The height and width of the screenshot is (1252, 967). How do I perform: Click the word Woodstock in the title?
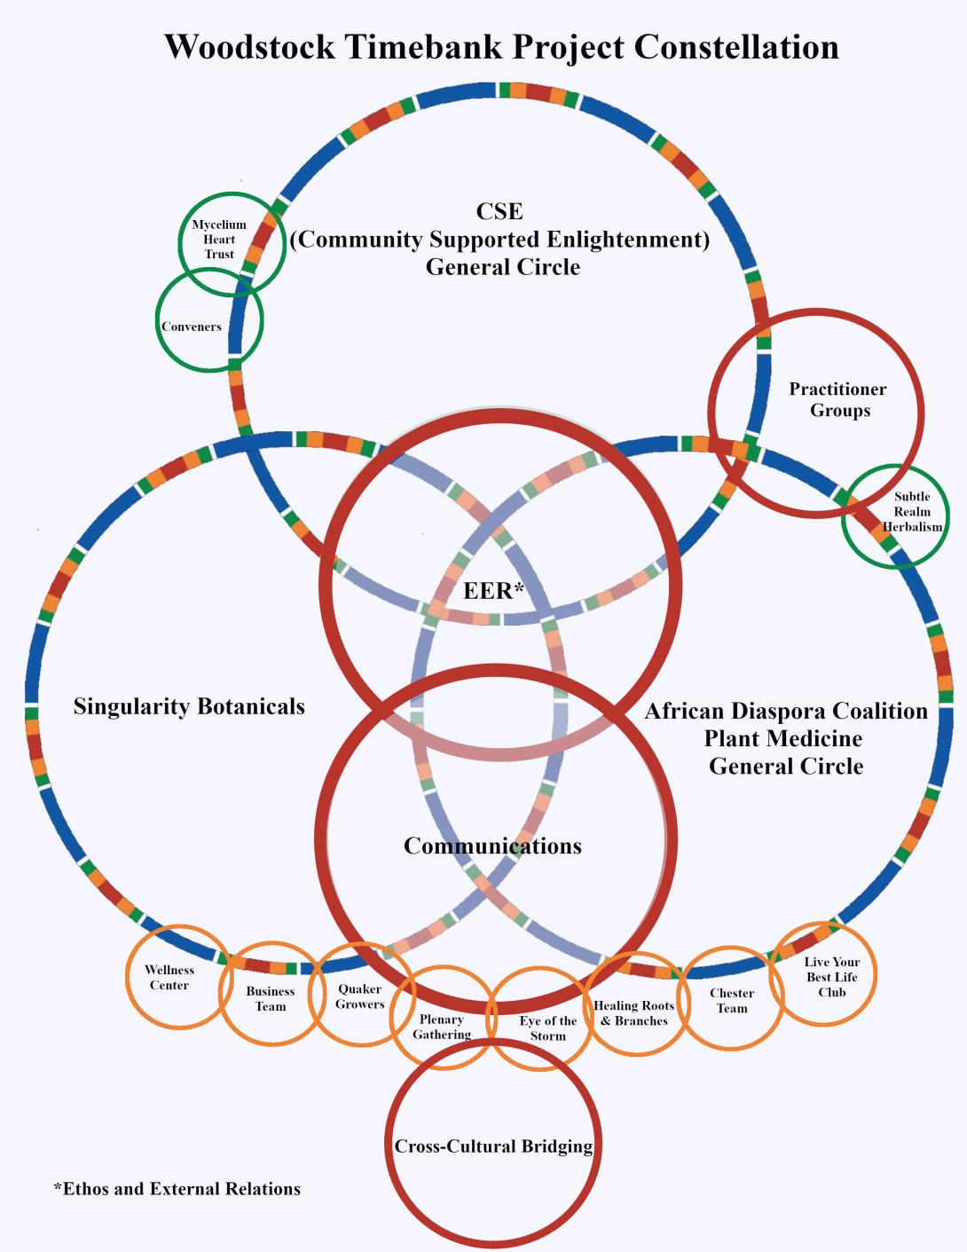[x=249, y=47]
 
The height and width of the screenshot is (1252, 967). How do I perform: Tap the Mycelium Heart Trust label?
[x=219, y=239]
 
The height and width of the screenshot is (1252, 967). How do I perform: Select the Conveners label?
[x=192, y=327]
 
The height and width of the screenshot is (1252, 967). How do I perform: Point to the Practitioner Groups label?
[x=838, y=399]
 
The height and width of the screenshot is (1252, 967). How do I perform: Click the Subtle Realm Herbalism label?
[x=912, y=512]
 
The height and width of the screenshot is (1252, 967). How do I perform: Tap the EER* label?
[x=494, y=591]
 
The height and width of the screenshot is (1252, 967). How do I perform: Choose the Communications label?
[x=492, y=846]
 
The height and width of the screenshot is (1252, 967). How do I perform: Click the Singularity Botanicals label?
[x=189, y=706]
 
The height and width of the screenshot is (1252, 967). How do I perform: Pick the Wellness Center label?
[x=169, y=977]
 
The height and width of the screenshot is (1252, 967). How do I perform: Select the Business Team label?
[x=270, y=998]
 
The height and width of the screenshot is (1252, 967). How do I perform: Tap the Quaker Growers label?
[x=360, y=996]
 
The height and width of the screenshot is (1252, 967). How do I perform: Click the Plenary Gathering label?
[x=442, y=1027]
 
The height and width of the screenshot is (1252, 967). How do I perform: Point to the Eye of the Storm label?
[x=547, y=1028]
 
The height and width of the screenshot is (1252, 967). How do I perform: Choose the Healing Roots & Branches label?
[x=634, y=1013]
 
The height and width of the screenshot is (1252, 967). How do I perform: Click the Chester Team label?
[x=731, y=1000]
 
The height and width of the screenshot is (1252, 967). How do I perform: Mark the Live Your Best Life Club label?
[x=831, y=977]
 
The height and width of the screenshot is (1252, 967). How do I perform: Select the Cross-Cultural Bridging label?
[x=493, y=1146]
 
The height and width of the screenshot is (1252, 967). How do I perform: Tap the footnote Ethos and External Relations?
[x=177, y=1189]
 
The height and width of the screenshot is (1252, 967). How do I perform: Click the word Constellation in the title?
[x=736, y=47]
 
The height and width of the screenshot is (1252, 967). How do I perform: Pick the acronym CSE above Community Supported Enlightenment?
[x=499, y=211]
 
